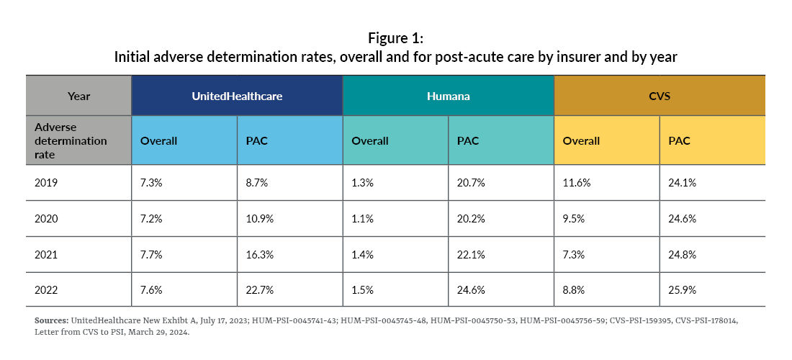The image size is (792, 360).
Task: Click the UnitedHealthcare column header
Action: pyautogui.click(x=237, y=95)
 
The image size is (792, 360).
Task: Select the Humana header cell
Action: pyautogui.click(x=448, y=95)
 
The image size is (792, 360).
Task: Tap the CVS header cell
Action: pyautogui.click(x=659, y=95)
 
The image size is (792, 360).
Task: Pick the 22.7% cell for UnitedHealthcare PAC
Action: pyautogui.click(x=258, y=289)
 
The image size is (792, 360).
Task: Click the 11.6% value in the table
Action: pyautogui.click(x=576, y=184)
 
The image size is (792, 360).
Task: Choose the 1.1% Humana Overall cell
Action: pyautogui.click(x=362, y=219)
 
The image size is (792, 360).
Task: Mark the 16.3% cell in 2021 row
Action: pyautogui.click(x=258, y=254)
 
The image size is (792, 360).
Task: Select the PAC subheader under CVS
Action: pyautogui.click(x=679, y=141)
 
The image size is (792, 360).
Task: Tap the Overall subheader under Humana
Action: pyautogui.click(x=370, y=141)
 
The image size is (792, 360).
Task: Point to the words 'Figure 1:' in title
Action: pyautogui.click(x=395, y=37)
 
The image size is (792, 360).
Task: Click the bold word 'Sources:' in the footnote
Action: pyautogui.click(x=50, y=320)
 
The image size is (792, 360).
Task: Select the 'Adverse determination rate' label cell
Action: pyautogui.click(x=71, y=140)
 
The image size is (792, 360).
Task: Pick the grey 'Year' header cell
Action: pyautogui.click(x=78, y=95)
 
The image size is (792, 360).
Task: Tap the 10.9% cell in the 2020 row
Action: pyautogui.click(x=259, y=219)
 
